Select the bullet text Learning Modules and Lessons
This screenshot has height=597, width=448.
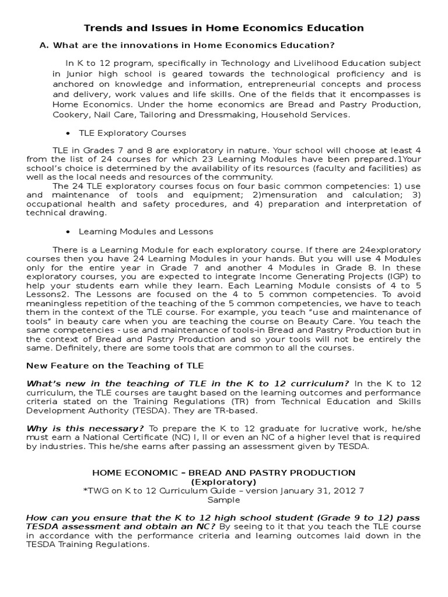(146, 231)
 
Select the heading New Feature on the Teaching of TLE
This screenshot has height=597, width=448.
(115, 366)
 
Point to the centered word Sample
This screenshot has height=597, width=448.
(223, 500)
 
